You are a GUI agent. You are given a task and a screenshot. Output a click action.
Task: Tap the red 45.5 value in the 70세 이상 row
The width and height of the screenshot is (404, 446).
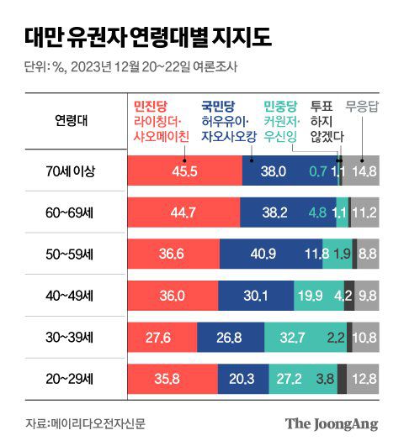coord(183,171)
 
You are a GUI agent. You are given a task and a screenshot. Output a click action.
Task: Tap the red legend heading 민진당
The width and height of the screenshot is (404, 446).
coord(152,107)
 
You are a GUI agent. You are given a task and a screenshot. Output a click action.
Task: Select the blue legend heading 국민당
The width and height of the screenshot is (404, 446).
coord(218,107)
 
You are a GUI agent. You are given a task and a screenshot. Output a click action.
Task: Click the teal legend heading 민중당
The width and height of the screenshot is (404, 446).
coord(280,107)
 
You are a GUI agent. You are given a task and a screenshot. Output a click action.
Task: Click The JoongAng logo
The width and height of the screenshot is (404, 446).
coord(331,422)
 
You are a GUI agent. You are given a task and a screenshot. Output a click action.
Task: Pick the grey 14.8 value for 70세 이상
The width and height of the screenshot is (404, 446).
coord(364,171)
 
